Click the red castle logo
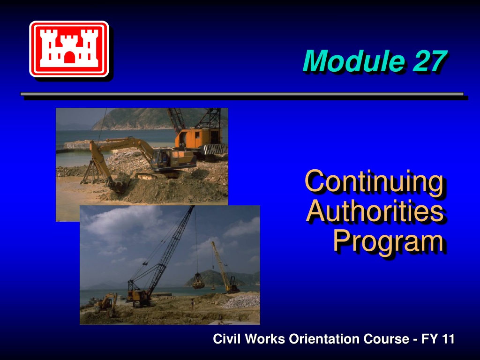[x=69, y=49]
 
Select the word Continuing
[x=374, y=182]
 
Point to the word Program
[x=388, y=241]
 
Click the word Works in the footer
[x=265, y=339]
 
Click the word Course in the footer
[x=386, y=339]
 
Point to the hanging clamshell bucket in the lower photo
[x=198, y=281]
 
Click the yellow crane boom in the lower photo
[x=219, y=265]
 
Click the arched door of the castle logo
[x=69, y=57]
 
